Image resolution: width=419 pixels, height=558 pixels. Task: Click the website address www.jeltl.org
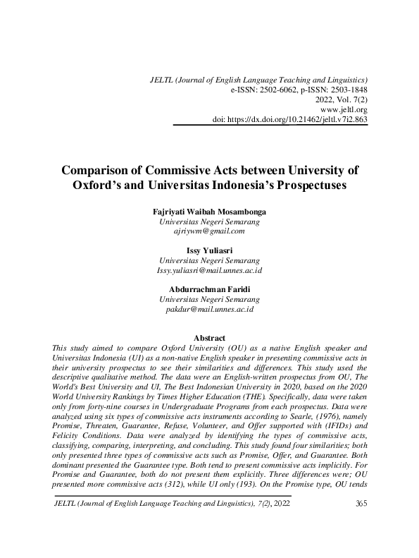[344, 110]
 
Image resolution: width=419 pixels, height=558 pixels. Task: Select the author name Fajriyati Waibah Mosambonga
[209, 211]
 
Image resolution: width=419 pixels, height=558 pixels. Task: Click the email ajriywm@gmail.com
[209, 231]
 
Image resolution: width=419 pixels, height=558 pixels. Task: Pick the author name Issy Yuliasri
[209, 250]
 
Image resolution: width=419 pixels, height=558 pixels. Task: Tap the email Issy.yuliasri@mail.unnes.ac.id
[209, 270]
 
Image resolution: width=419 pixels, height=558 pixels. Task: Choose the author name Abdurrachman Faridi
[209, 289]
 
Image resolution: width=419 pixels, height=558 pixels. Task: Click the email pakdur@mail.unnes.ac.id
[209, 309]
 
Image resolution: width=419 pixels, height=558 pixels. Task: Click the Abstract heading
[209, 337]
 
